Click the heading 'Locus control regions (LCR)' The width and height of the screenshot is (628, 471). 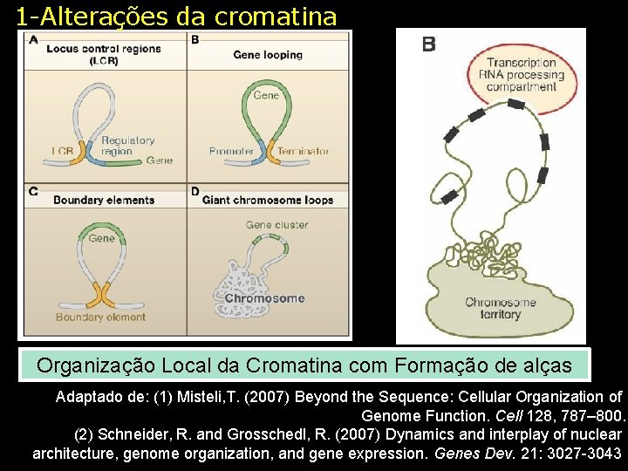(104, 54)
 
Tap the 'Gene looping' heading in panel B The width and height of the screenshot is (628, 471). (268, 55)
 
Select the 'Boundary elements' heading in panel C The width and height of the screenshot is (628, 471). (104, 200)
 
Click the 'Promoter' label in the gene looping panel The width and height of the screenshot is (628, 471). (231, 152)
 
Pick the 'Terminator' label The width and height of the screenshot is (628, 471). (304, 152)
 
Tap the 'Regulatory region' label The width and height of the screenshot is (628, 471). (127, 146)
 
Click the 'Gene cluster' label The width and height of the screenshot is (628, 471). (276, 224)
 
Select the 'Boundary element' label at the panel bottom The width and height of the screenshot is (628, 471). (100, 317)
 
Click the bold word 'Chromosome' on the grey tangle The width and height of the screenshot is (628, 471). (264, 298)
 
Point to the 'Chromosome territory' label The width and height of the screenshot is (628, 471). (500, 308)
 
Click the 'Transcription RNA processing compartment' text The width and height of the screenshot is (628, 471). (521, 74)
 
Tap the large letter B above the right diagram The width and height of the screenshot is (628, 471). (428, 44)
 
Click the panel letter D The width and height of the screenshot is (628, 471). (195, 191)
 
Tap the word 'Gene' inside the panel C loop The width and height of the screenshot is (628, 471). (101, 237)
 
